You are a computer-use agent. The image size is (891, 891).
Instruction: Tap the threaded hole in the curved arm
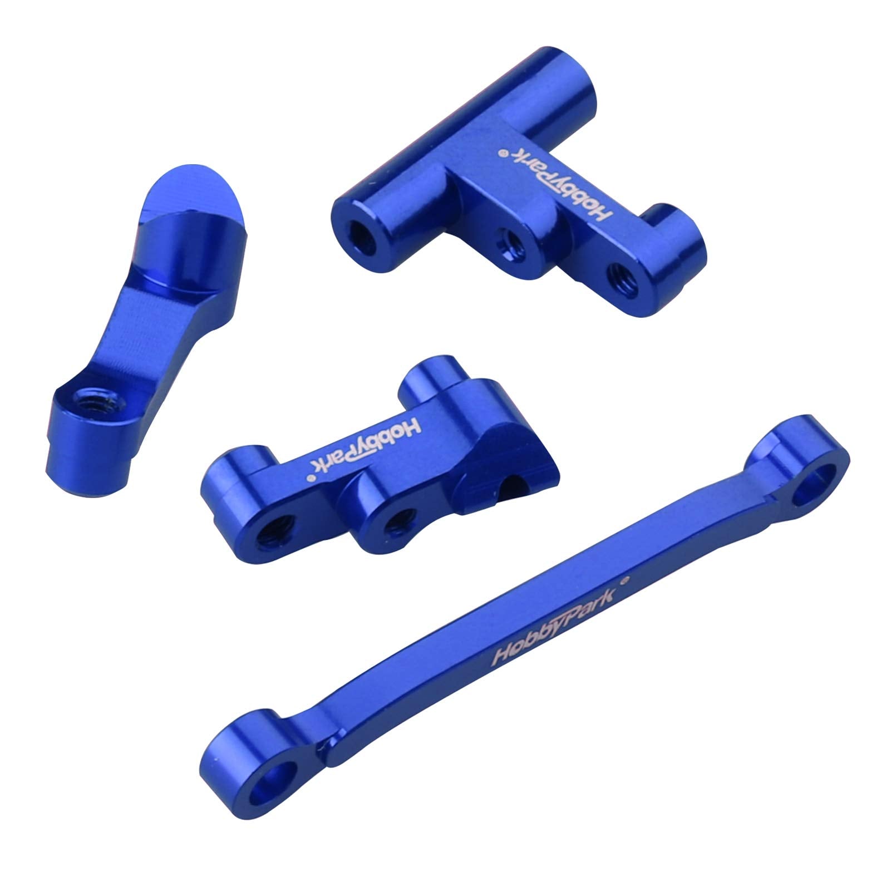[86, 397]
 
